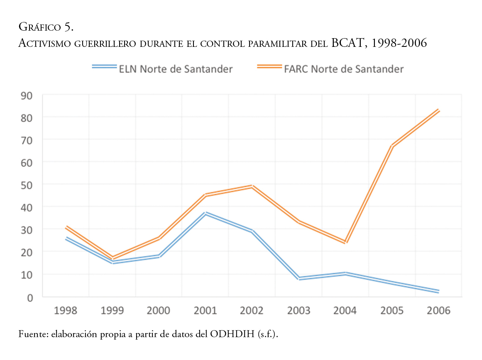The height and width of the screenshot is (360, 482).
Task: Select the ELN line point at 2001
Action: [206, 213]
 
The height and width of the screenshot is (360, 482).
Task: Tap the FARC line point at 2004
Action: [345, 242]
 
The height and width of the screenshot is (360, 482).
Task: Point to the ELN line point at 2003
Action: [299, 278]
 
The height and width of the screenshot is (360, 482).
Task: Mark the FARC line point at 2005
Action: [392, 146]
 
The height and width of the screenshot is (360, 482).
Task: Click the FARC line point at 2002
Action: [252, 186]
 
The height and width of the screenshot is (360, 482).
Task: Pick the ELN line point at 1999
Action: [113, 262]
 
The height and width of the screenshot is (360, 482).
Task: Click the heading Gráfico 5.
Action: [46, 27]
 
